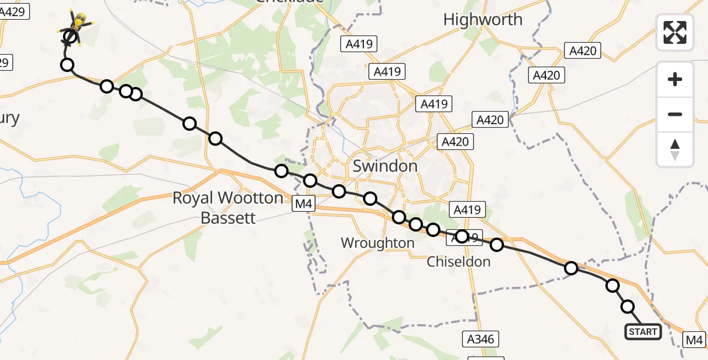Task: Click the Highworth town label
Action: [482, 20]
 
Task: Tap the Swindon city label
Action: [385, 166]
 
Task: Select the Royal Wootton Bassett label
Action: [227, 208]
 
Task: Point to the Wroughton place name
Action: [377, 243]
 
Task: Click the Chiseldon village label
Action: [458, 262]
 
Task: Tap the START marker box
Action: [643, 332]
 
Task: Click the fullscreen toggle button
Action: [675, 32]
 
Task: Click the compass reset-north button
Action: [675, 149]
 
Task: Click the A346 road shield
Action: [481, 340]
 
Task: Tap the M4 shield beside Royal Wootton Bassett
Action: [303, 205]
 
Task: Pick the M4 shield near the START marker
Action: [695, 340]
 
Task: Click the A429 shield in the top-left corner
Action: [14, 11]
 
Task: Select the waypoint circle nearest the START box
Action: [628, 307]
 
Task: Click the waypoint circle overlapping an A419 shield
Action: [461, 236]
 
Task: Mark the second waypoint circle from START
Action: [612, 286]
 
